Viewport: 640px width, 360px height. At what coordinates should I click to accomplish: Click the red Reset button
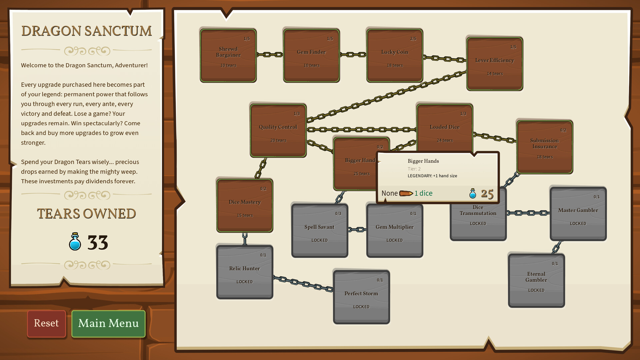pyautogui.click(x=46, y=323)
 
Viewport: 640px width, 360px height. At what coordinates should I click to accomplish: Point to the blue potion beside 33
pyautogui.click(x=75, y=242)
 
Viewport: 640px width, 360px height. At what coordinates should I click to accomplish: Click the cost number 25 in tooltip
pyautogui.click(x=487, y=194)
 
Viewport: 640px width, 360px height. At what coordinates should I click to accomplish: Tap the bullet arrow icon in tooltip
pyautogui.click(x=406, y=193)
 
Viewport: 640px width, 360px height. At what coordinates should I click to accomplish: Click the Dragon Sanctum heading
pyautogui.click(x=87, y=31)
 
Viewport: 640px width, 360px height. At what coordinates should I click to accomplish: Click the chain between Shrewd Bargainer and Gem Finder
pyautogui.click(x=270, y=55)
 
